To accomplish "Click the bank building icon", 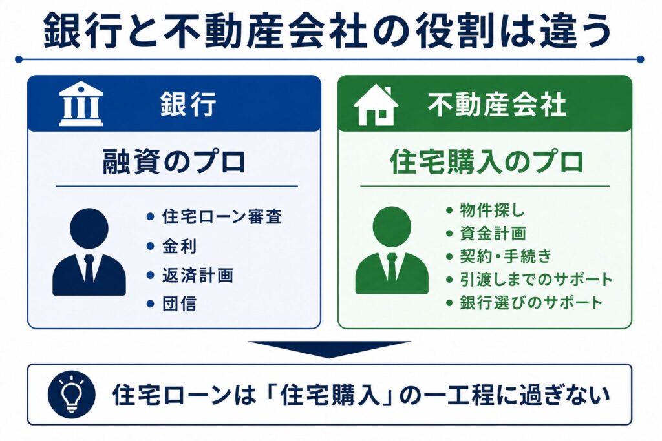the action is coord(81,104).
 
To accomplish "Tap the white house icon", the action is coord(376,105).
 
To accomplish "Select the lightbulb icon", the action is coord(72,395).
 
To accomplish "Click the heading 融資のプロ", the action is coord(174,162).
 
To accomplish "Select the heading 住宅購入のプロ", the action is coord(486,162).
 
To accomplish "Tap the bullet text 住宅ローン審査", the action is coord(222,217).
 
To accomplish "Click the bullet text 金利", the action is coord(180,246).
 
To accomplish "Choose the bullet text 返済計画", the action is coord(198,275).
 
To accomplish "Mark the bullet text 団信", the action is coord(180,304).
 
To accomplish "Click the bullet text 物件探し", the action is coord(492,210).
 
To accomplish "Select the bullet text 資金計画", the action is coord(493,233).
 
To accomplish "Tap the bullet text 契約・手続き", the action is coord(506,256).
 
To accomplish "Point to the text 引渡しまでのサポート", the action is coord(536,279).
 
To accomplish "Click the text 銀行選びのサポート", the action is coord(531,302).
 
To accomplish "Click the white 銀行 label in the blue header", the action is coord(188,104).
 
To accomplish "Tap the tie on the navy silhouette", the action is coord(89,269).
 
